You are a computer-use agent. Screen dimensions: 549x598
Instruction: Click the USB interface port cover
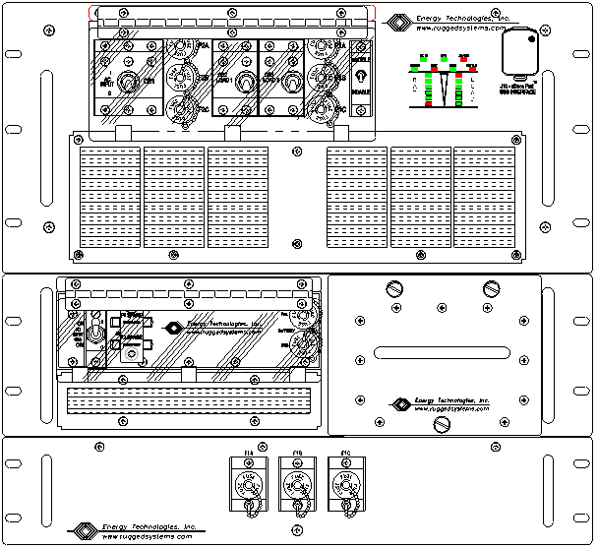522,52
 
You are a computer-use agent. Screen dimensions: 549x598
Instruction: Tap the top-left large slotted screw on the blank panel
395,289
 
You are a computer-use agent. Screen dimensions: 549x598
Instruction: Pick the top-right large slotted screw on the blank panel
493,289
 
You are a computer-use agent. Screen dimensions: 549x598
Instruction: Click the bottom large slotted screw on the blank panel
444,424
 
